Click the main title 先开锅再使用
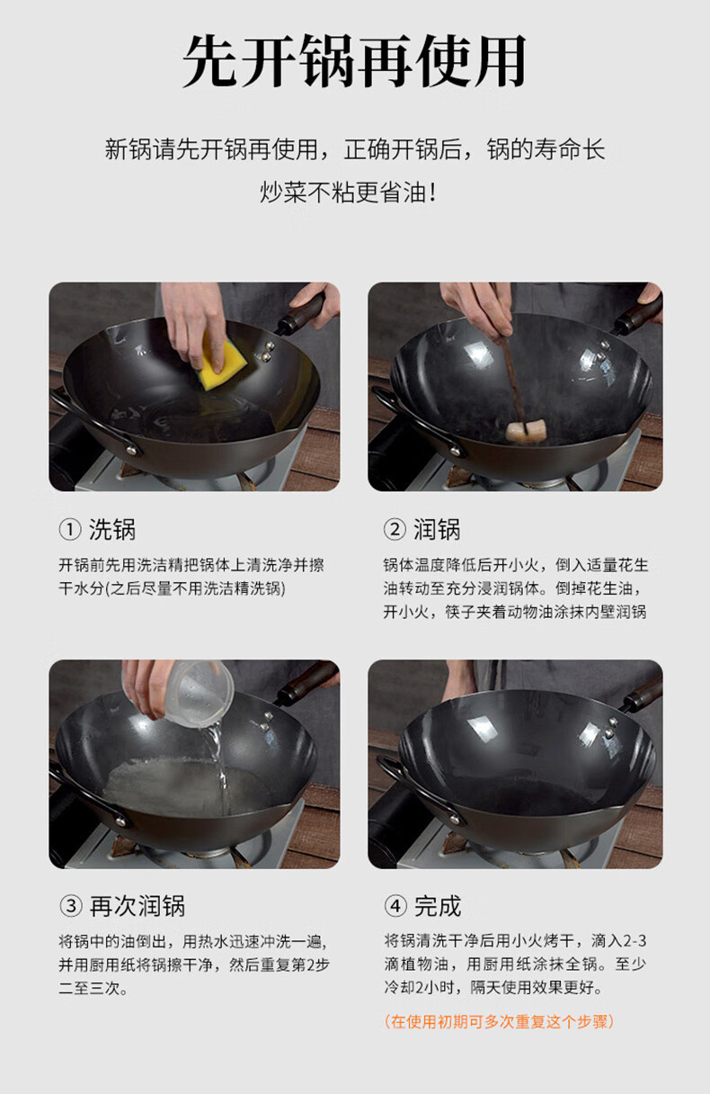pyautogui.click(x=355, y=60)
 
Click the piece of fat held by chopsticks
pyautogui.click(x=526, y=431)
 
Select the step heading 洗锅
pyautogui.click(x=112, y=530)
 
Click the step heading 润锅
pyautogui.click(x=437, y=530)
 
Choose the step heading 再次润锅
pyautogui.click(x=138, y=907)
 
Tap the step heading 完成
pyautogui.click(x=438, y=907)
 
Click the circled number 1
pyautogui.click(x=70, y=530)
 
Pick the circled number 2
pyautogui.click(x=395, y=530)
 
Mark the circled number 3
pyautogui.click(x=71, y=907)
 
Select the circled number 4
pyautogui.click(x=395, y=907)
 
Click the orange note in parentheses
pyautogui.click(x=499, y=1022)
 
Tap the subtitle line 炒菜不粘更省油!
pyautogui.click(x=348, y=192)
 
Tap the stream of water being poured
pyautogui.click(x=217, y=767)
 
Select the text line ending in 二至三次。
pyautogui.click(x=93, y=988)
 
